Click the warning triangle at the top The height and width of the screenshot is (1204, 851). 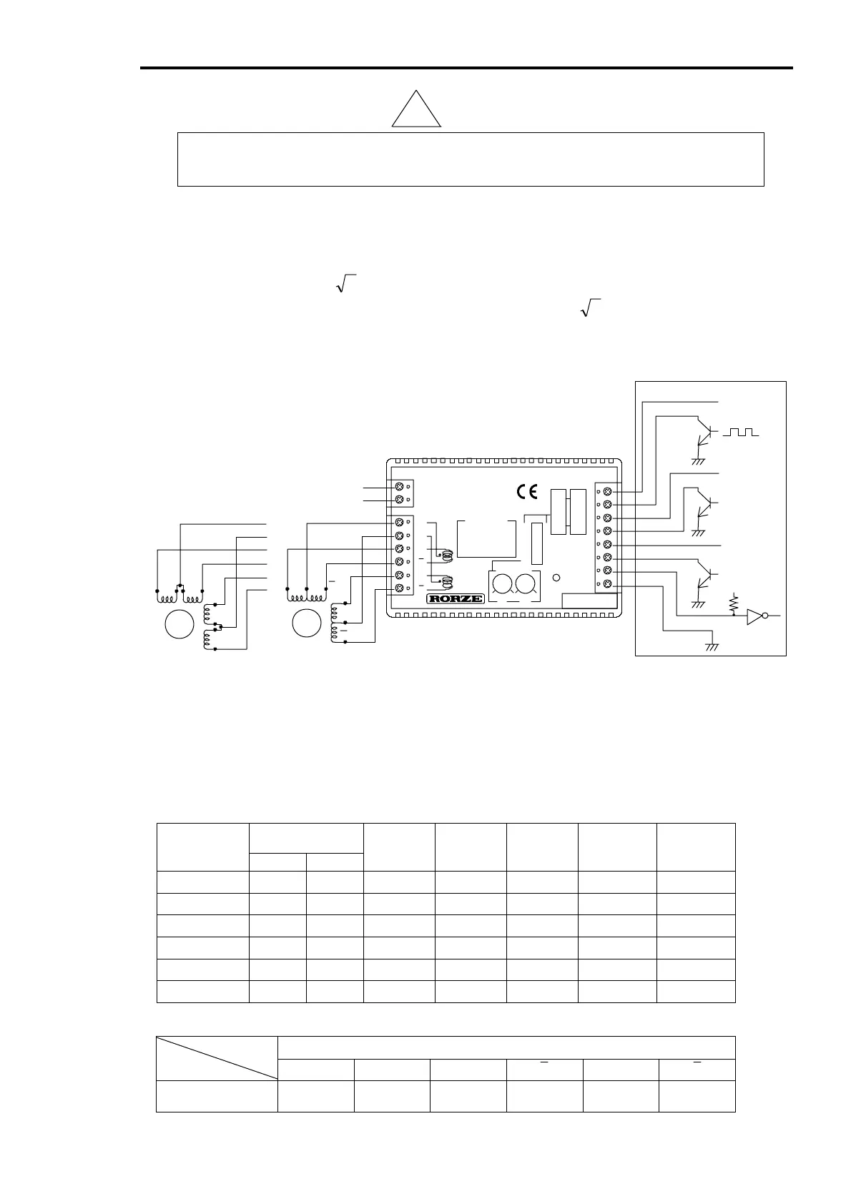tap(416, 112)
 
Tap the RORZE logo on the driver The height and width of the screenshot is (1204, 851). tap(455, 598)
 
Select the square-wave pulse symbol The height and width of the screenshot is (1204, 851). tap(741, 433)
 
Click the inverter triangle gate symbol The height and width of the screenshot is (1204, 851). tap(754, 616)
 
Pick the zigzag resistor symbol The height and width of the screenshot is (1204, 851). tap(733, 603)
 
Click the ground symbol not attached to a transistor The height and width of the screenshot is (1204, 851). tap(712, 646)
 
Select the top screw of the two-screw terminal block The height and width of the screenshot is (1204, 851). tap(398, 486)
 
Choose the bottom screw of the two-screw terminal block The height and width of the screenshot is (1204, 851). tap(398, 500)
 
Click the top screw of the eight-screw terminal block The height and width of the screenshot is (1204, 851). tap(607, 492)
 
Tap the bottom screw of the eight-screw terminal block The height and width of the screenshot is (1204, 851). tap(607, 585)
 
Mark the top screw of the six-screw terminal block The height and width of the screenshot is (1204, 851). tap(398, 523)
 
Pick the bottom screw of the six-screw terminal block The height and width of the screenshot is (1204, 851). tap(398, 588)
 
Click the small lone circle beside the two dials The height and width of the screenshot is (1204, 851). tap(556, 579)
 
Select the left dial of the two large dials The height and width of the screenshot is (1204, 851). tap(503, 584)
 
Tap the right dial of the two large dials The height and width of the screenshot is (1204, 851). tap(526, 584)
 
